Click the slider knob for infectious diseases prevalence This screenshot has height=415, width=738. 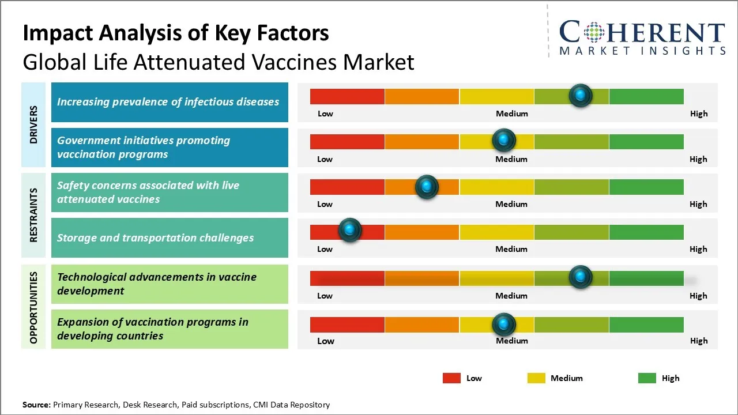(x=580, y=95)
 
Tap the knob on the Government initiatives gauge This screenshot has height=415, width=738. (x=504, y=140)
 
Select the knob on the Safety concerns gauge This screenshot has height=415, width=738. (x=427, y=186)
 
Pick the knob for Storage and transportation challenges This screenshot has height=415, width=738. (x=349, y=231)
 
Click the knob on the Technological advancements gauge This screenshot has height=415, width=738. (x=580, y=277)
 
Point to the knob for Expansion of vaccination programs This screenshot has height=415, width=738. (x=504, y=324)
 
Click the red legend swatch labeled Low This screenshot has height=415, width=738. (x=451, y=378)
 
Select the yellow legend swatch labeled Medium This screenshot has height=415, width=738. (x=536, y=378)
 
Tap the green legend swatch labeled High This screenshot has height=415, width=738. (x=647, y=378)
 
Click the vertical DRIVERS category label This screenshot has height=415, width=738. (x=34, y=124)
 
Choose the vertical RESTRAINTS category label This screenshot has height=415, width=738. (x=34, y=215)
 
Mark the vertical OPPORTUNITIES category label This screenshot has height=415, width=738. (x=34, y=307)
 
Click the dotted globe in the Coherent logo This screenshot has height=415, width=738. (x=594, y=32)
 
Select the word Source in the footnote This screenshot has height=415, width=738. (x=36, y=405)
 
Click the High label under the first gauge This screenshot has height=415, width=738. (x=698, y=114)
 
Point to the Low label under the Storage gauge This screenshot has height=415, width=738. (x=325, y=249)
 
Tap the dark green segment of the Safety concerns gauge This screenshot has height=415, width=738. (x=646, y=186)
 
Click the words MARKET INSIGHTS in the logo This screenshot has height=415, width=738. (x=642, y=51)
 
